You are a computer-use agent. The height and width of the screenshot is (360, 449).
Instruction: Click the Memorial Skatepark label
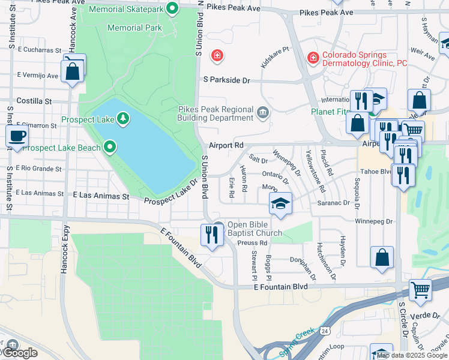pyautogui.click(x=126, y=9)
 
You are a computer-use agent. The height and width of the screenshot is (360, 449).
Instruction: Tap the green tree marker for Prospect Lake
pyautogui.click(x=122, y=119)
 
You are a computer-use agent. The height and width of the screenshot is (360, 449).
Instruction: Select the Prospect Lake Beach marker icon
pyautogui.click(x=109, y=147)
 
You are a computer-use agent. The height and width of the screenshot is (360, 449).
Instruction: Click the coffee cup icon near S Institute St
pyautogui.click(x=17, y=136)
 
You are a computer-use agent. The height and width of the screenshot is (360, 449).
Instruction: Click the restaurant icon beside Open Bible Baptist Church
pyautogui.click(x=212, y=234)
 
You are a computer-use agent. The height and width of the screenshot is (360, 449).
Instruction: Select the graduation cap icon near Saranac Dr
pyautogui.click(x=280, y=203)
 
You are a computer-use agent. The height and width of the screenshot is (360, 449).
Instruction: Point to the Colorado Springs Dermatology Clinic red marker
pyautogui.click(x=312, y=58)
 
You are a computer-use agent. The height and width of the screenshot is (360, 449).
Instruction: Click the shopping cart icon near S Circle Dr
pyautogui.click(x=420, y=290)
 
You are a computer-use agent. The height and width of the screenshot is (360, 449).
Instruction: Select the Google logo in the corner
pyautogui.click(x=19, y=353)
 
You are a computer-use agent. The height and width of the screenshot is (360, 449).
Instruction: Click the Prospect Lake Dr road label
pyautogui.click(x=170, y=191)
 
